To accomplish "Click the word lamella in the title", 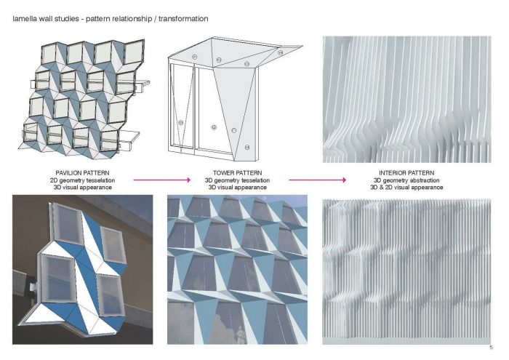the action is click(24, 19).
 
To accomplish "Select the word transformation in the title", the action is click(183, 19).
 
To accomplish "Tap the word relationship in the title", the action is click(132, 19).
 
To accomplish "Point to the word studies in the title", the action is click(67, 19).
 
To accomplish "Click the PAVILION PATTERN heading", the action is click(82, 173).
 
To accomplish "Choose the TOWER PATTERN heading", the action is click(237, 173).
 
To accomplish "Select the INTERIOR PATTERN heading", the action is click(406, 173).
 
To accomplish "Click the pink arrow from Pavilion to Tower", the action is click(162, 180).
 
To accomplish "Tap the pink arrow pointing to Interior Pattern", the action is click(318, 180).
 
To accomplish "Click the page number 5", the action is click(491, 348).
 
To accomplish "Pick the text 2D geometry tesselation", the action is click(82, 180).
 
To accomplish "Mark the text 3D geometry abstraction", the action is click(406, 180).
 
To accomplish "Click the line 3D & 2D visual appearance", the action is click(406, 188).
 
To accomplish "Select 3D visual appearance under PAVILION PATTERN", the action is click(82, 188).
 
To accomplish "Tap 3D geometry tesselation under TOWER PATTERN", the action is click(237, 180).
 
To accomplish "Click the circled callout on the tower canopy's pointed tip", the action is click(281, 52).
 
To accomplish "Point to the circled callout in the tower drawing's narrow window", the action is click(181, 123).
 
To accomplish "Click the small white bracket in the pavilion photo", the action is click(33, 287).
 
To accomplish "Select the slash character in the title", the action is click(155, 19).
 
